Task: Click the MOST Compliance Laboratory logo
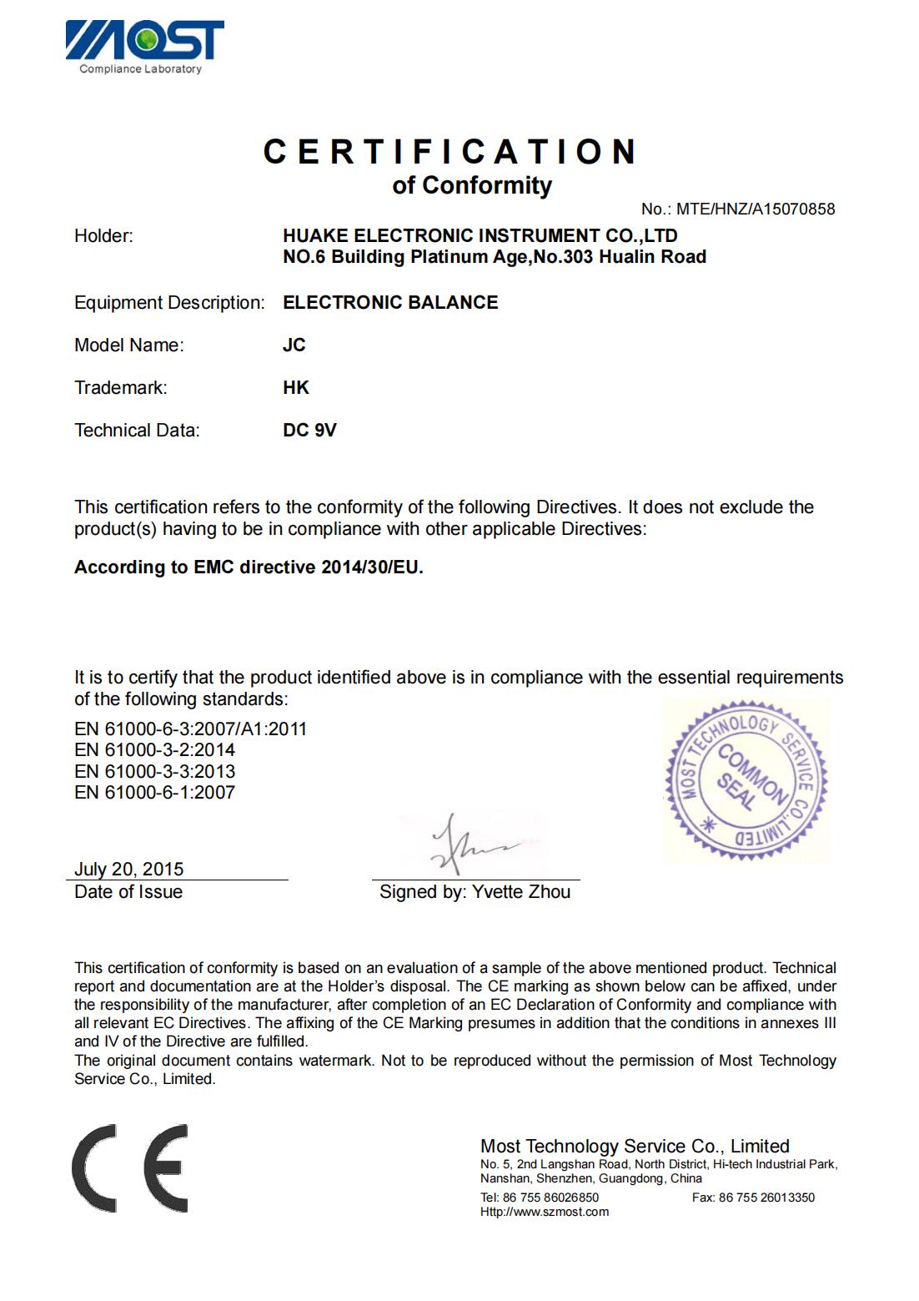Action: [144, 47]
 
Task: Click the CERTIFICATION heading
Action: [450, 152]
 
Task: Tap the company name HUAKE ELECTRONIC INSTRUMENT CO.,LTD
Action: [480, 235]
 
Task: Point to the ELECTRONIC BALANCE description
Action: [390, 302]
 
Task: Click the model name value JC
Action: [294, 345]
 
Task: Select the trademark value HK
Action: [296, 387]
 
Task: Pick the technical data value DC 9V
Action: [309, 430]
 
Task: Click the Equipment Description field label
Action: [169, 302]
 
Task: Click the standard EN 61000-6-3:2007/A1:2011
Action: [190, 729]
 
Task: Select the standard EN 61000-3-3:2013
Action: [154, 771]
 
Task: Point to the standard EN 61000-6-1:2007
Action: [154, 792]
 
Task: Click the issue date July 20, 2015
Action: [128, 869]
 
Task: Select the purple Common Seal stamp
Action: [746, 779]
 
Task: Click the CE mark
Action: [130, 1167]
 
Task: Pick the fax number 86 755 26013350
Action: [766, 1198]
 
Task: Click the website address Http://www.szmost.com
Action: [544, 1212]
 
